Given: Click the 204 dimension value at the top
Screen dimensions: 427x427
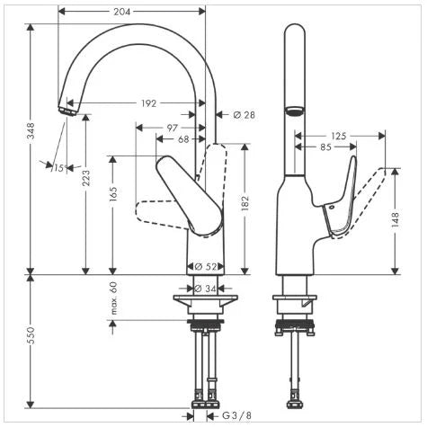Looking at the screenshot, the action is tap(122, 12).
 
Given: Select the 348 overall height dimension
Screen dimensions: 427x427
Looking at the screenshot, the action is tap(31, 130).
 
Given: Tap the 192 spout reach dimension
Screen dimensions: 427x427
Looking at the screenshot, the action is tap(148, 103).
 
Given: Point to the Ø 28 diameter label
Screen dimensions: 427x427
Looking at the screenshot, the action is tap(245, 115).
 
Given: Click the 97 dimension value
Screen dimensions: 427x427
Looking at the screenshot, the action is tap(173, 128).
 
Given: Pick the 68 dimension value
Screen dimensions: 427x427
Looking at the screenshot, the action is tap(183, 139).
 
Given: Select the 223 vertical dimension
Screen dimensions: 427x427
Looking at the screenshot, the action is tap(86, 178).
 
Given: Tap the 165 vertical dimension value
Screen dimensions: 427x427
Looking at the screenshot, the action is tap(113, 193).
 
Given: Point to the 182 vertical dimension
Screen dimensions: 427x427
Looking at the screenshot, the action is tap(245, 203).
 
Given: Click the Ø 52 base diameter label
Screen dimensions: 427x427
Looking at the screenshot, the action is tap(206, 266).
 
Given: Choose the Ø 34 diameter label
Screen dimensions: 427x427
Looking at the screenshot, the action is tap(206, 289).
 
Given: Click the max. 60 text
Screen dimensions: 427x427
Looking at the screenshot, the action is tap(113, 298).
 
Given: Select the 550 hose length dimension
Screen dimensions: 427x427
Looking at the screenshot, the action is tap(31, 335).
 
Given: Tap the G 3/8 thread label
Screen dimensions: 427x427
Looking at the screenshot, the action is tap(237, 416).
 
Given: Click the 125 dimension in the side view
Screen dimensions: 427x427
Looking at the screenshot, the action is tap(339, 136).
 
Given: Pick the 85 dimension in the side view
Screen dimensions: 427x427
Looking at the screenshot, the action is tap(325, 147).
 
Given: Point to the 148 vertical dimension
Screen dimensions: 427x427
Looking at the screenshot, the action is tap(396, 219).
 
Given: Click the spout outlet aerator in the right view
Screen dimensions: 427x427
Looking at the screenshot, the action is tap(295, 111).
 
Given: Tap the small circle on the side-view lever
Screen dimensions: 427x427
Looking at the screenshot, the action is tap(331, 207).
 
